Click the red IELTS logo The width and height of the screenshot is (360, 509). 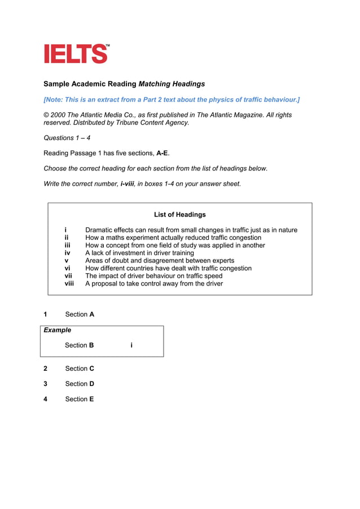[x=76, y=54]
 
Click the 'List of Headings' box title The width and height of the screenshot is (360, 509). [x=179, y=214]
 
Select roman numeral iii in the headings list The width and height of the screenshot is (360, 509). [x=67, y=245]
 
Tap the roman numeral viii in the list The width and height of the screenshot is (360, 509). [x=69, y=284]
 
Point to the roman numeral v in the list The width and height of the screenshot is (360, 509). [x=66, y=261]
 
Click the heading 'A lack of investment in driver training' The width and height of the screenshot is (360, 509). [x=139, y=253]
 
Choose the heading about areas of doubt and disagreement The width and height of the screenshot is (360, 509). [x=159, y=261]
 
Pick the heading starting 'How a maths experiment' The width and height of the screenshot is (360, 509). [x=173, y=238]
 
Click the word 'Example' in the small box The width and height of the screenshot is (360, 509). [x=58, y=330]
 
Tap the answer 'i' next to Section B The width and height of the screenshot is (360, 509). [x=131, y=345]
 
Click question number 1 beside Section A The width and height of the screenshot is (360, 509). [x=46, y=314]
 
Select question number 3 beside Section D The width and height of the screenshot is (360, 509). [x=46, y=384]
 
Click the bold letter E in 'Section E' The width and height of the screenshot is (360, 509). [x=91, y=399]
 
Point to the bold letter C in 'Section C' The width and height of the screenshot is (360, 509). [x=91, y=368]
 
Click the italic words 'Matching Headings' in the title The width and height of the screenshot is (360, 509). [x=172, y=84]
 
